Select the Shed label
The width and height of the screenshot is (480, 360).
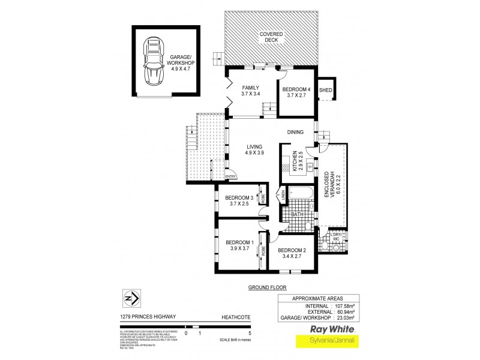click(325, 90)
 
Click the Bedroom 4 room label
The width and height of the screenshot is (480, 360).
click(296, 90)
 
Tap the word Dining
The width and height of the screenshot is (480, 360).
click(295, 133)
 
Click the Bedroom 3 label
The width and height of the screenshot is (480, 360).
click(238, 198)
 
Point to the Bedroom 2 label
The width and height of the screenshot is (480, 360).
click(292, 250)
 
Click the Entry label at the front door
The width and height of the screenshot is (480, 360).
click(230, 176)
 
